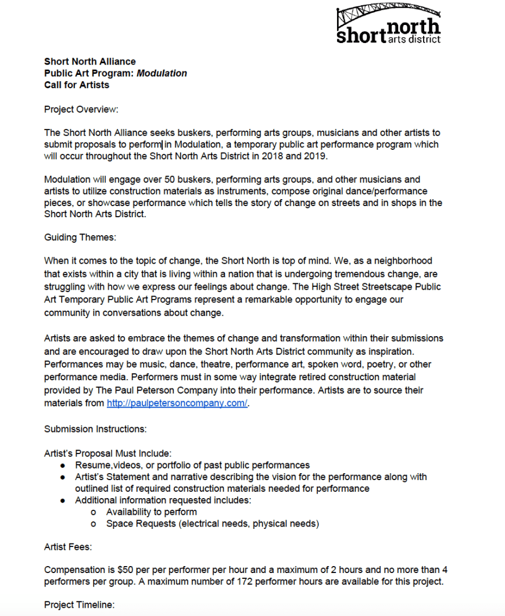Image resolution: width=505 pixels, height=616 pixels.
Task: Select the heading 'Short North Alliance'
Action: [90, 62]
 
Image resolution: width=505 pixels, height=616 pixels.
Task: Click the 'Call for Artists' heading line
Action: [77, 85]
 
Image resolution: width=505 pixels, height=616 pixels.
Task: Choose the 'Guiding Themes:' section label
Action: [78, 237]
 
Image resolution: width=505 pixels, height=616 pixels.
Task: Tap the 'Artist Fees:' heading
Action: [68, 546]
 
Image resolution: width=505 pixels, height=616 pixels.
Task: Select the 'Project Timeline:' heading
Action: [80, 605]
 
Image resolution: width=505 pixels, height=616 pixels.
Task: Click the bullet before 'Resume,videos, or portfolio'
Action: [63, 465]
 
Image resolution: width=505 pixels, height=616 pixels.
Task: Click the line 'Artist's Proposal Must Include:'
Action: [108, 453]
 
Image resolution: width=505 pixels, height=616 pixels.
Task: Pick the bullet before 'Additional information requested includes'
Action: [63, 500]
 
